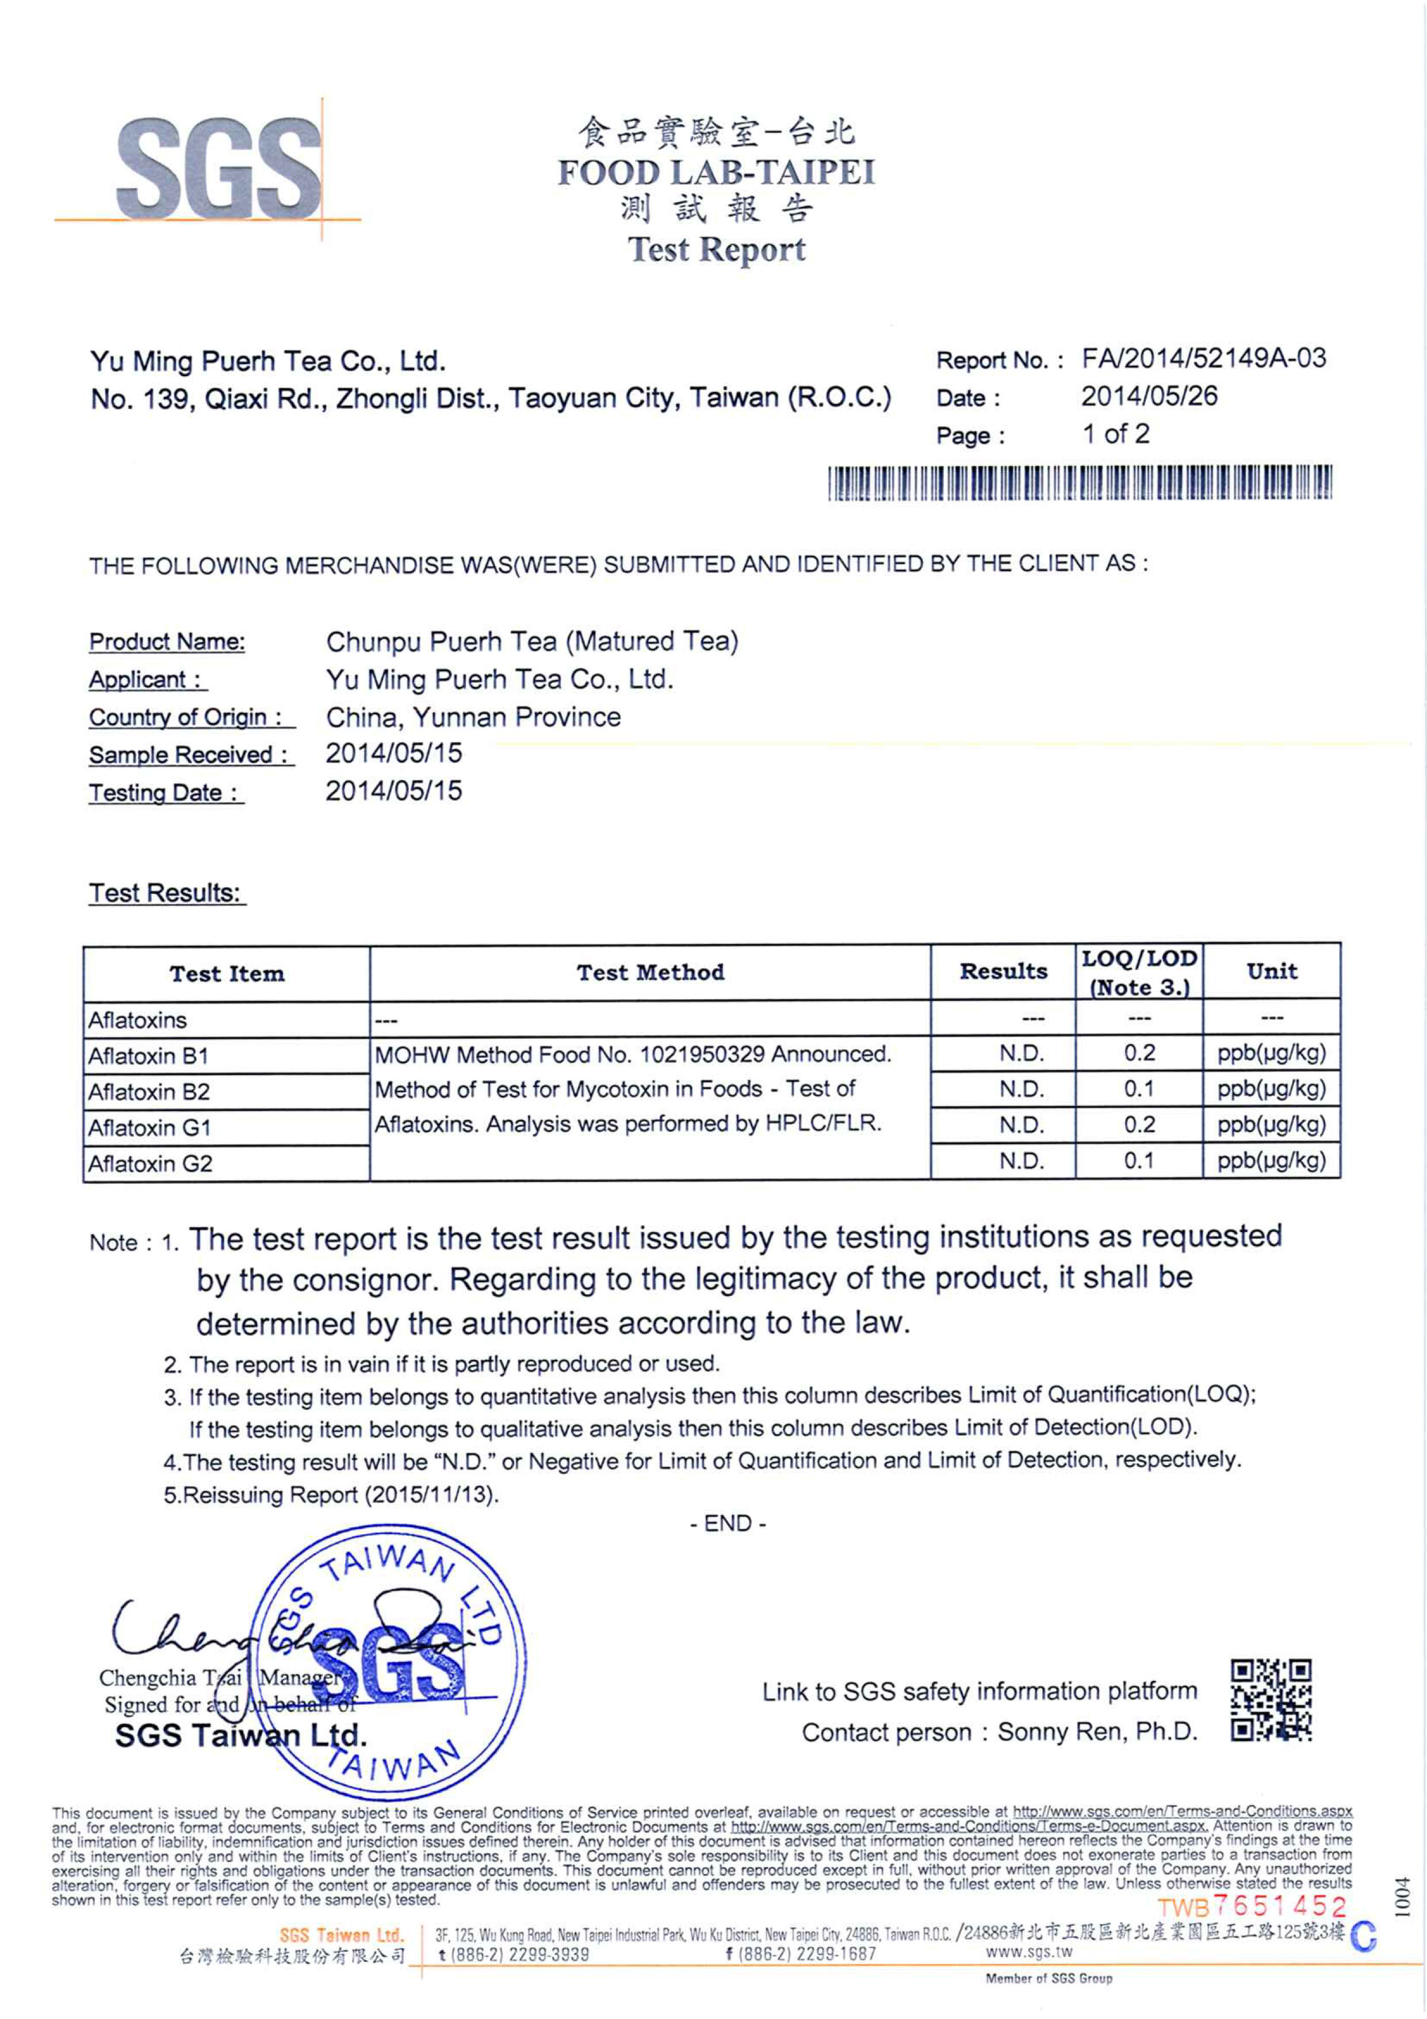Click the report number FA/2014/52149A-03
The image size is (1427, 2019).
[1203, 359]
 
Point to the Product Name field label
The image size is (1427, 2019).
[167, 642]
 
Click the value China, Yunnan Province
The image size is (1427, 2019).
[473, 717]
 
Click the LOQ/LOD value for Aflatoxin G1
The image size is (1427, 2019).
[1139, 1125]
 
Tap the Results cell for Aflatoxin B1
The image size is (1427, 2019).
[1021, 1053]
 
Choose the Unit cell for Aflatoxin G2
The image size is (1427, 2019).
[1271, 1161]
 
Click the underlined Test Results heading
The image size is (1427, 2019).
[165, 893]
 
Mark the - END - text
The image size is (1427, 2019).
[727, 1523]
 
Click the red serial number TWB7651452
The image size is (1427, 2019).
[1251, 1906]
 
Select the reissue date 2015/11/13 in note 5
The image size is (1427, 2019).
[427, 1495]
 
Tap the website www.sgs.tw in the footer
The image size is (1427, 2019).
[1029, 1952]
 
